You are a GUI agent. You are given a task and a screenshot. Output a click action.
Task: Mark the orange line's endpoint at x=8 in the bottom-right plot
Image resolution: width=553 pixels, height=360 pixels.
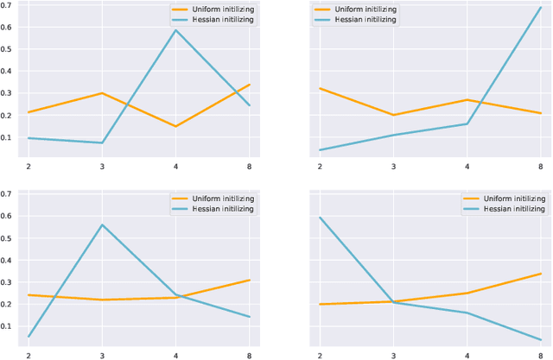pyautogui.click(x=541, y=274)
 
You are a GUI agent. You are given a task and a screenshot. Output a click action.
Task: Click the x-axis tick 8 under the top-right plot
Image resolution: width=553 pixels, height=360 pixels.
pyautogui.click(x=541, y=167)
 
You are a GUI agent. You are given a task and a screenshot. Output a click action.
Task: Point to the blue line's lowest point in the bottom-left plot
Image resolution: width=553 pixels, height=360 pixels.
pyautogui.click(x=28, y=337)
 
